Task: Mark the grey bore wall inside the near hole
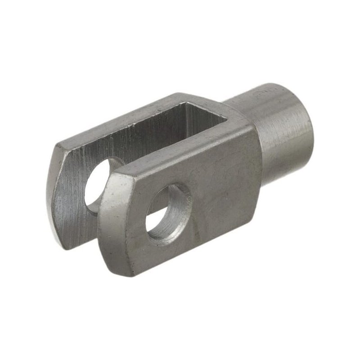(x=178, y=207)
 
